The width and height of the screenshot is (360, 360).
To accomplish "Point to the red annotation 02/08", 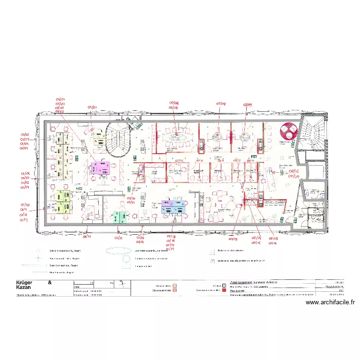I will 221,103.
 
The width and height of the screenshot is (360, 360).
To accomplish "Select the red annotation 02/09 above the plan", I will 247,104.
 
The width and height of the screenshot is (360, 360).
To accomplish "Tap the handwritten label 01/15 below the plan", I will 119,238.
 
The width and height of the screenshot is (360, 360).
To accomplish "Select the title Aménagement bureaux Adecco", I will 254,282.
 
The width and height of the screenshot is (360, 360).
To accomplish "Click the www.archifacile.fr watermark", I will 330,302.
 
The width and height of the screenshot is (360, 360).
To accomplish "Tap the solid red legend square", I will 224,290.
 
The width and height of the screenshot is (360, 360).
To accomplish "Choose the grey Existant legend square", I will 224,285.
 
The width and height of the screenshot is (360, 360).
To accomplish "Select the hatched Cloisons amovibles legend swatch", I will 176,290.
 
